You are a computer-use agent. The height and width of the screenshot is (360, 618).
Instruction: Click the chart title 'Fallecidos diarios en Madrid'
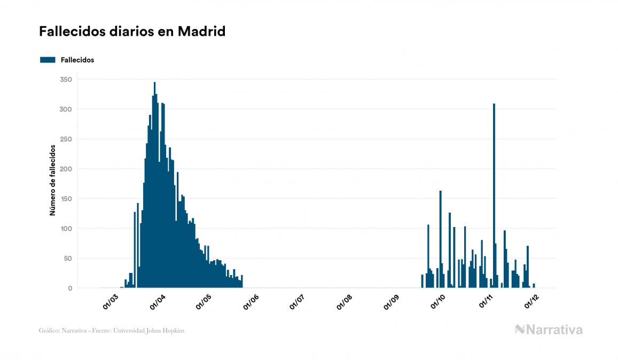[x=132, y=32]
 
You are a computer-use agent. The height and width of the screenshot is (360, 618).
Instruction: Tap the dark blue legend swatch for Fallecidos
[x=48, y=60]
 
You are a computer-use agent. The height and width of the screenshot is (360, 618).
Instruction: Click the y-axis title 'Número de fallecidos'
[x=52, y=179]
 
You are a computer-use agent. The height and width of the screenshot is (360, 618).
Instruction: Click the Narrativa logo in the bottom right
[x=549, y=330]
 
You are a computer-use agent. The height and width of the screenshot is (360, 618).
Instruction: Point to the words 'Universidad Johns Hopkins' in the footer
[x=154, y=331]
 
